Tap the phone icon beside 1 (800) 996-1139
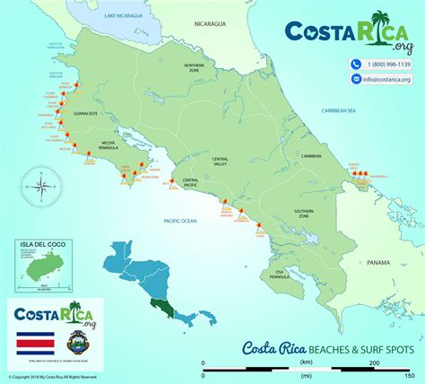coord(357,65)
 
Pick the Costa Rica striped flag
coord(34,342)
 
